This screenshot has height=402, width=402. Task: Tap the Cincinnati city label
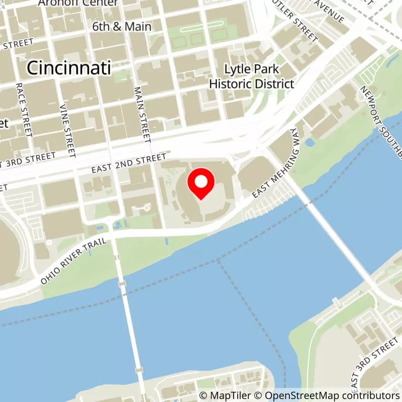click(69, 68)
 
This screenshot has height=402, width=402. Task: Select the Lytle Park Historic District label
click(251, 76)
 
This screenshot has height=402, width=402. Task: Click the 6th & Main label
click(122, 26)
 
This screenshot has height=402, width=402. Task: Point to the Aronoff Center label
click(78, 3)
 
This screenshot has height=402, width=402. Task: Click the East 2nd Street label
click(129, 164)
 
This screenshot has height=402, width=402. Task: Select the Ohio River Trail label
click(74, 261)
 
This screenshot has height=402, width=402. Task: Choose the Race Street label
click(24, 111)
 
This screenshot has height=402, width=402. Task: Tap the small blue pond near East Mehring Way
click(310, 142)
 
